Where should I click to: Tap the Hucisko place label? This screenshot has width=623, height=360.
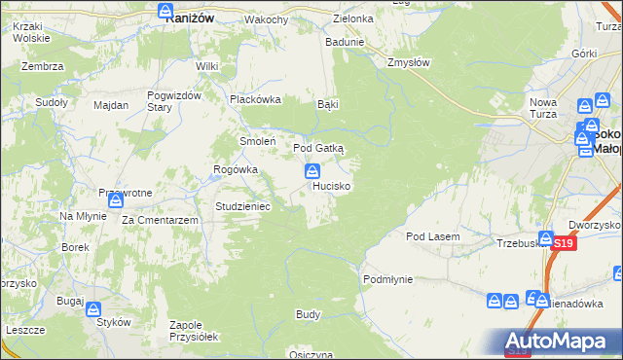pyautogui.click(x=332, y=185)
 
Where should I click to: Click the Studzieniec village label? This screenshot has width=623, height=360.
pyautogui.click(x=249, y=206)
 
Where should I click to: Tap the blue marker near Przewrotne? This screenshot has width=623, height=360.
pyautogui.click(x=115, y=201)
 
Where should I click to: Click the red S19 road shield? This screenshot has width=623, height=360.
pyautogui.click(x=563, y=245)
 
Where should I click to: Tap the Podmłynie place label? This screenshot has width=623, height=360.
pyautogui.click(x=388, y=279)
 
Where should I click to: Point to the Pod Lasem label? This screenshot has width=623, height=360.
pyautogui.click(x=433, y=236)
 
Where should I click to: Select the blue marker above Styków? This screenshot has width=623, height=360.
pyautogui.click(x=93, y=310)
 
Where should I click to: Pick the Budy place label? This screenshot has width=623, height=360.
pyautogui.click(x=309, y=315)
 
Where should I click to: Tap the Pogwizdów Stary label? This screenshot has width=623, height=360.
pyautogui.click(x=173, y=101)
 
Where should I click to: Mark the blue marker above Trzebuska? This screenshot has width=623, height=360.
pyautogui.click(x=546, y=238)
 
